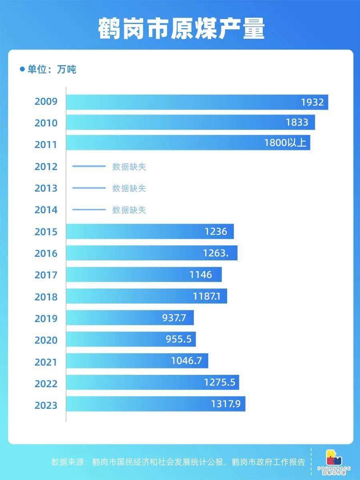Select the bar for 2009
(x=197, y=102)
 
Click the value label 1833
(x=297, y=122)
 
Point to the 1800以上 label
(x=285, y=143)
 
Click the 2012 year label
(x=46, y=166)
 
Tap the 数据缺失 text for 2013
(x=129, y=188)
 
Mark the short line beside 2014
(x=88, y=210)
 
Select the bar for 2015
(x=150, y=232)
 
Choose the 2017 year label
(x=46, y=275)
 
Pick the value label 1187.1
(x=210, y=297)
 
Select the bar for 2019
(x=130, y=318)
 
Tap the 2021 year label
(x=46, y=362)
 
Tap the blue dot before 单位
(x=22, y=69)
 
